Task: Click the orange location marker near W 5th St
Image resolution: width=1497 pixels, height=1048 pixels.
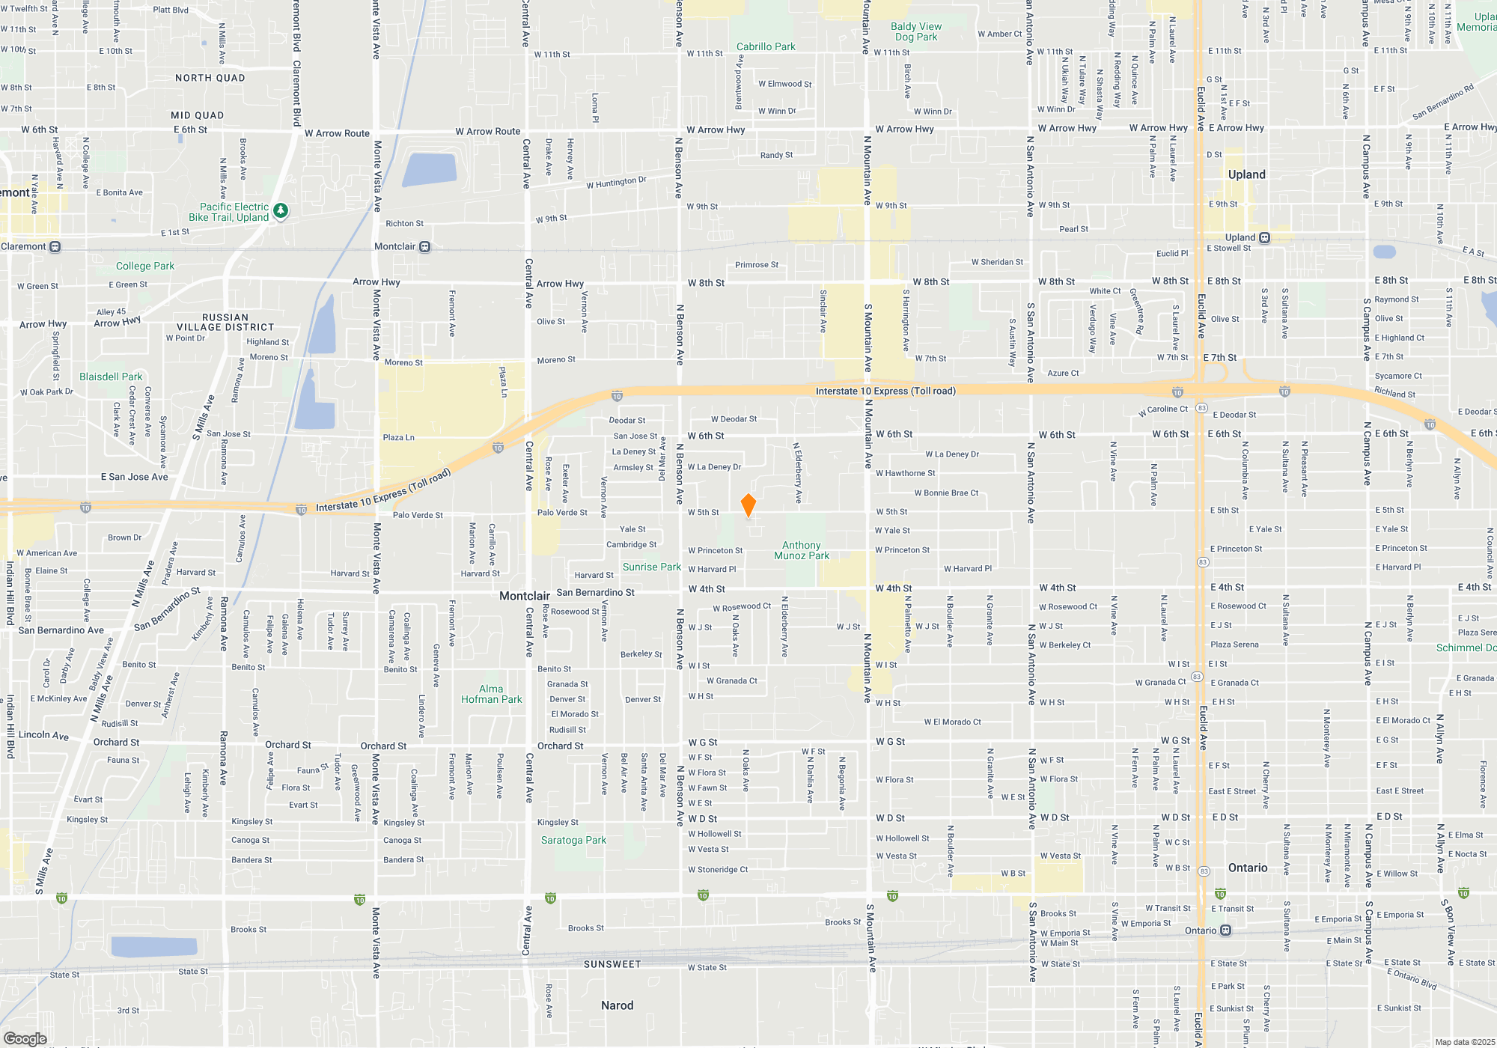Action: pos(748,505)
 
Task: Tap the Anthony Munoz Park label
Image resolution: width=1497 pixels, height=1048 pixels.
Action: pos(802,551)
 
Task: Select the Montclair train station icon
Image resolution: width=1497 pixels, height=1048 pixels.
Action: pos(424,247)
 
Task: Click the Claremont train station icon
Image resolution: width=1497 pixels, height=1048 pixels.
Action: pos(55,247)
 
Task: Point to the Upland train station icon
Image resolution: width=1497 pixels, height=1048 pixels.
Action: pos(1264,238)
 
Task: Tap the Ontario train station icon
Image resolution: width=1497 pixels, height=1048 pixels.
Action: pos(1225,930)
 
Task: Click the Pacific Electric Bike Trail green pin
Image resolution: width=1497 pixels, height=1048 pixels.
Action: pos(281,211)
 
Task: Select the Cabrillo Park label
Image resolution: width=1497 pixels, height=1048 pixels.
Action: pos(766,46)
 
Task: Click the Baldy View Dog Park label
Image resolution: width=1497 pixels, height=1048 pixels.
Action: pos(916,31)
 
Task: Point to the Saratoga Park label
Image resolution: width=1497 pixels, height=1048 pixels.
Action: pos(573,840)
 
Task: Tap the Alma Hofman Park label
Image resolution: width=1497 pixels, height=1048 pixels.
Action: pos(491,694)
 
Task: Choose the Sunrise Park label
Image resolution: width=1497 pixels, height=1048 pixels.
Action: pos(652,567)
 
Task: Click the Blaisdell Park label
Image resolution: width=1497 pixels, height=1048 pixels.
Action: pos(111,377)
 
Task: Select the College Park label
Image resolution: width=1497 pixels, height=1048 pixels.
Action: pos(145,266)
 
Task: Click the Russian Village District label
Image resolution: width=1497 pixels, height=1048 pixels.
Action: pos(225,322)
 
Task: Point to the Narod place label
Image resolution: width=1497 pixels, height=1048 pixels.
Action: pos(617,1005)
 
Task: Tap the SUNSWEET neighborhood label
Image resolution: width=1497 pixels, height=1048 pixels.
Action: pos(612,964)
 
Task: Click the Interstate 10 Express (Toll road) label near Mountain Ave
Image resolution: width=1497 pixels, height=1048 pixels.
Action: pos(885,391)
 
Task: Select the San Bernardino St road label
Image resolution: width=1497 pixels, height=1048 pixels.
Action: pos(595,592)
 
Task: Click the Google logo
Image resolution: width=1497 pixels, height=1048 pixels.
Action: pos(25,1038)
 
